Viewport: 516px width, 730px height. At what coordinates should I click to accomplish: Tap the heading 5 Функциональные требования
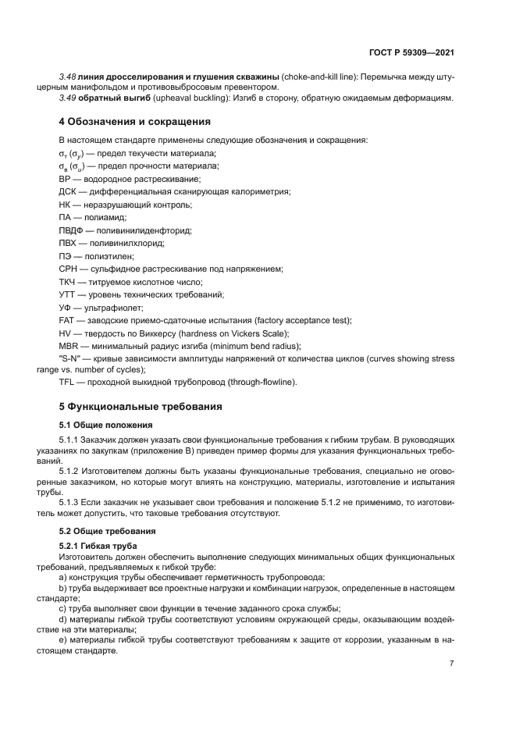[x=141, y=407]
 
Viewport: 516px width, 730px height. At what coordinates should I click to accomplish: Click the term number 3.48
[x=67, y=77]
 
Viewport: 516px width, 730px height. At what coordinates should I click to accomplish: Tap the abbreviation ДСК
[x=67, y=191]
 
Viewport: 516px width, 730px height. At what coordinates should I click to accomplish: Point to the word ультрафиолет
[x=116, y=308]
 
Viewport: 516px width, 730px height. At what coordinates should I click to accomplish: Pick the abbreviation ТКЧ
[x=68, y=282]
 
